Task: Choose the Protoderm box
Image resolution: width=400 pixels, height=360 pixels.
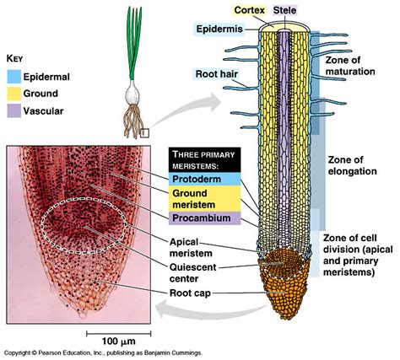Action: (199, 180)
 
